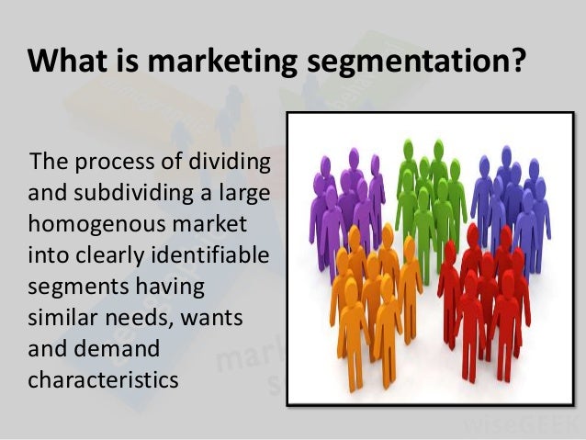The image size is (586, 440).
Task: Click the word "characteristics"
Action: pos(103,378)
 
